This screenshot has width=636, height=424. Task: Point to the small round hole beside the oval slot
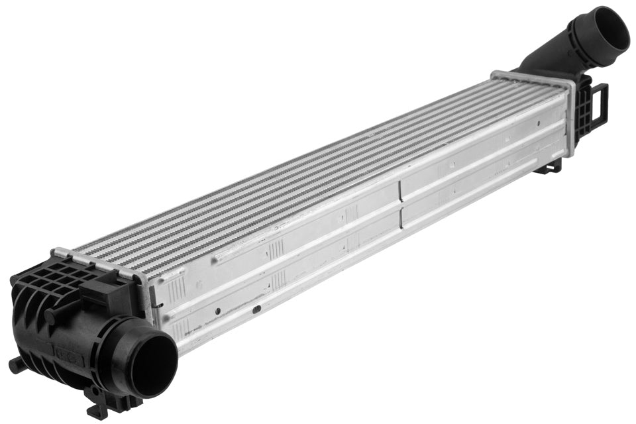click(217, 310)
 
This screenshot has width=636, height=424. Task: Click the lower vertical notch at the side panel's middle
click(401, 219)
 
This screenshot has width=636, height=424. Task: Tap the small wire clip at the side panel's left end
click(158, 305)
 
